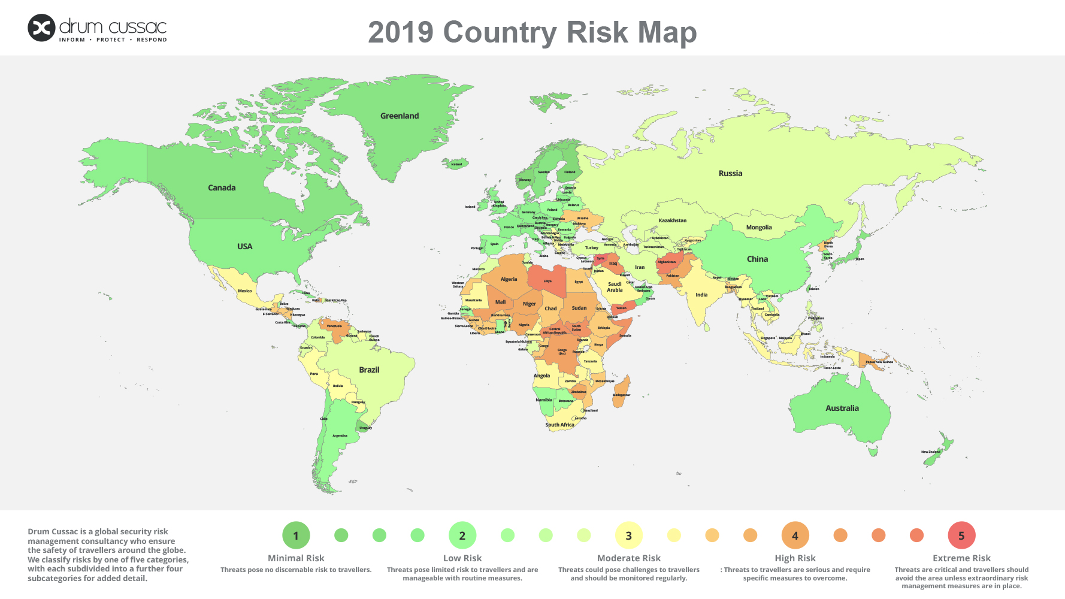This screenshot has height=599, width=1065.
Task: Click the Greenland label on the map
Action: click(x=400, y=116)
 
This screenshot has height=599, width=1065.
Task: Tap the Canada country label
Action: click(x=222, y=187)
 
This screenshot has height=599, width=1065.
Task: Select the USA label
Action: click(x=244, y=246)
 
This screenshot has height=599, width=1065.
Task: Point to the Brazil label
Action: click(x=369, y=370)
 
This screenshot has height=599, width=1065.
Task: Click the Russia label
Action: click(x=730, y=173)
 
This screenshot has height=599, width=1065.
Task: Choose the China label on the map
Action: click(x=757, y=259)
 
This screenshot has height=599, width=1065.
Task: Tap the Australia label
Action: click(x=842, y=408)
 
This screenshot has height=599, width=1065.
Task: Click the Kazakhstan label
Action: click(x=673, y=220)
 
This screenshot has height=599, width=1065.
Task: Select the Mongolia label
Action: click(x=759, y=228)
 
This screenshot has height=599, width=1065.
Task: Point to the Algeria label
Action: click(x=509, y=279)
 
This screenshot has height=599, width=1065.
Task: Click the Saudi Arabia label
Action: click(x=615, y=287)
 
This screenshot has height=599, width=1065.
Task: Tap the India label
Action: click(x=701, y=295)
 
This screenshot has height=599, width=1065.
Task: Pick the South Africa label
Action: click(x=559, y=425)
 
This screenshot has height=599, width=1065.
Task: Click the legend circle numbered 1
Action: click(x=296, y=536)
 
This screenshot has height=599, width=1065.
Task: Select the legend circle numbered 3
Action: click(x=628, y=536)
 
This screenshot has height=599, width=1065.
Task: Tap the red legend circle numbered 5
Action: click(x=961, y=536)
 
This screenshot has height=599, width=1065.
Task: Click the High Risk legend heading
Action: click(x=795, y=558)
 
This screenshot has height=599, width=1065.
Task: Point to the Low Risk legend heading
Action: click(x=462, y=558)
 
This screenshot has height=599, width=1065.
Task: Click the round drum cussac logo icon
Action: click(x=41, y=28)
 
